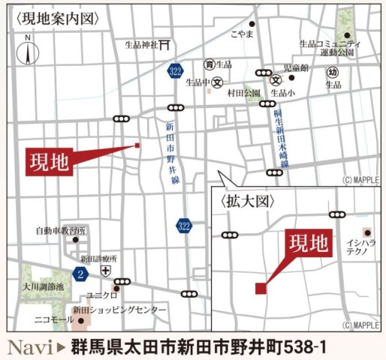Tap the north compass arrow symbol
(x=28, y=52)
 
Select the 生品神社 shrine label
(x=141, y=45)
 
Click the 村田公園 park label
(x=243, y=93)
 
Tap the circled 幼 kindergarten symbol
(x=333, y=72)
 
